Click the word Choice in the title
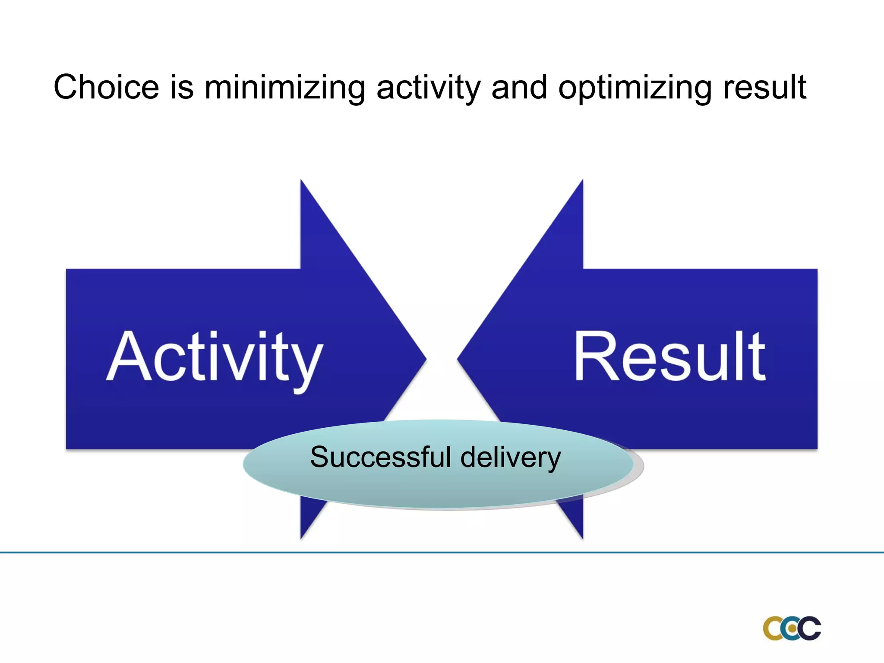tap(106, 88)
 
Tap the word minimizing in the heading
tap(285, 88)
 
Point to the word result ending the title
tap(764, 88)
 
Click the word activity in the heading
tap(428, 88)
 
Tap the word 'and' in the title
tap(519, 88)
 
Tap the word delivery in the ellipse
tap(511, 457)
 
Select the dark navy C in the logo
tap(810, 628)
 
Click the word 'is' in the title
tap(182, 88)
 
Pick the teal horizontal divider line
tap(442, 552)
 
